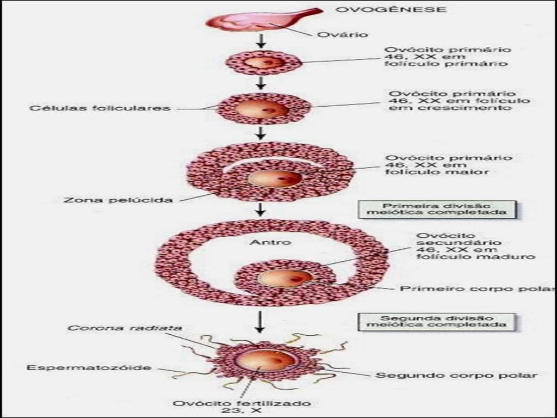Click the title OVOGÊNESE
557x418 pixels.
(x=391, y=9)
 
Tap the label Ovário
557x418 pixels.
(x=343, y=34)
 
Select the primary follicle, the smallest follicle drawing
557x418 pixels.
(x=263, y=63)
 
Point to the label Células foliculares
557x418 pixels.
(x=100, y=108)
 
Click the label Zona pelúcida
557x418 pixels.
(x=118, y=200)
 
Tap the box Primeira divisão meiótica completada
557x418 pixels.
(x=437, y=209)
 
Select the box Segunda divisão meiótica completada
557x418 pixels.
(x=436, y=321)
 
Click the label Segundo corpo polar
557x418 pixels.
(x=456, y=376)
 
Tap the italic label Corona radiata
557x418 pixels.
(x=125, y=328)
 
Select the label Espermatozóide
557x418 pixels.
(x=89, y=367)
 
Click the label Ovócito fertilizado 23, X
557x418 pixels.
(x=242, y=407)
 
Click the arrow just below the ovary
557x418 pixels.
(x=261, y=41)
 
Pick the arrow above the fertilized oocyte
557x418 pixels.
(x=261, y=322)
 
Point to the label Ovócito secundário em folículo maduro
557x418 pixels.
(x=475, y=246)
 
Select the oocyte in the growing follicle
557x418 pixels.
(x=262, y=109)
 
